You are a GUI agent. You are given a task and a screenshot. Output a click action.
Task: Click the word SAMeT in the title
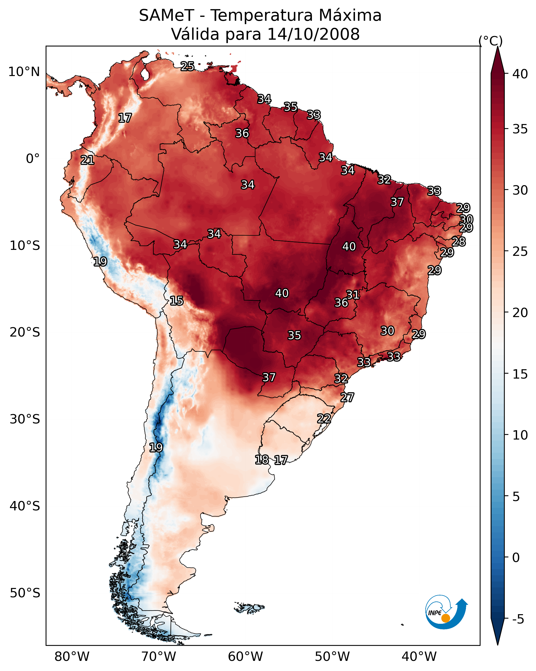tap(166, 16)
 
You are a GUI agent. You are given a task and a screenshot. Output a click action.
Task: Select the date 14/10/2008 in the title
tap(313, 34)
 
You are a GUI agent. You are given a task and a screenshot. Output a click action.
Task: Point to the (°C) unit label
tap(490, 41)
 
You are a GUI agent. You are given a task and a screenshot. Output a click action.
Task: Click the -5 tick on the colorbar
tap(518, 619)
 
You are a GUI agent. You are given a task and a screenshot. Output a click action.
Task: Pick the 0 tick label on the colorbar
tap(516, 558)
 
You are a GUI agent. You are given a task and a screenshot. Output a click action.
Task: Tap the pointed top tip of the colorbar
tap(497, 47)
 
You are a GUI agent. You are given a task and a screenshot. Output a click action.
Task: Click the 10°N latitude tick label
tap(24, 72)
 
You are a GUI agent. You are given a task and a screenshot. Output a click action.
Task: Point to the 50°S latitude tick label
tap(25, 593)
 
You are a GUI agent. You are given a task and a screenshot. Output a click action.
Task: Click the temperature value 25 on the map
tap(187, 66)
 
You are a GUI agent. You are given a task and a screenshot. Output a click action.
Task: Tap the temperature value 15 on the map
tap(176, 301)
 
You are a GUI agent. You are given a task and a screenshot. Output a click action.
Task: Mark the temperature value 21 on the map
tap(87, 160)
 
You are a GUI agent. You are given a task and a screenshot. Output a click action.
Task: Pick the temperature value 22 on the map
tap(324, 418)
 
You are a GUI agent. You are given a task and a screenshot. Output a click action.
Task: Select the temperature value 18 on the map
tap(262, 459)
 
